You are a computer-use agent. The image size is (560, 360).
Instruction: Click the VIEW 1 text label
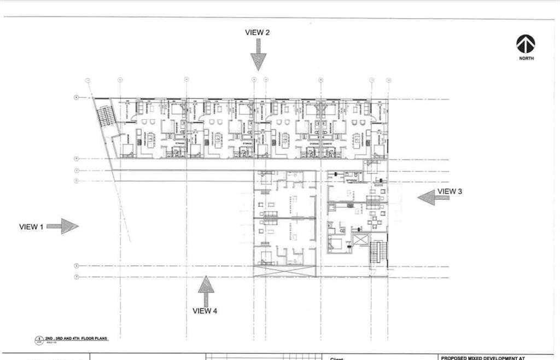point(31,227)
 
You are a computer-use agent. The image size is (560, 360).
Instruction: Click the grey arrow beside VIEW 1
point(63,226)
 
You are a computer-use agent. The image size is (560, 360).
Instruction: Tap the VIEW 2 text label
point(257,32)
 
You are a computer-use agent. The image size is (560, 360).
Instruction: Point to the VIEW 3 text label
point(450,191)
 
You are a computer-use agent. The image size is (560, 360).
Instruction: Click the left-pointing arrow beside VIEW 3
point(427,197)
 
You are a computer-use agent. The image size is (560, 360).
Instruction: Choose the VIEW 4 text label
point(205,311)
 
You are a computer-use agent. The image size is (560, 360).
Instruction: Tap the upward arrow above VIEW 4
point(206,291)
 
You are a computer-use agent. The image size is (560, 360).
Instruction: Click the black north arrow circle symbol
point(526,44)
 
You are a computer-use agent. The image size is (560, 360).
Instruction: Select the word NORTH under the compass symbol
point(527,59)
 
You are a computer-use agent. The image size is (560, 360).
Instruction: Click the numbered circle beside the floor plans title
point(39,340)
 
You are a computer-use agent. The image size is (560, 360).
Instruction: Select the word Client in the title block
point(336,359)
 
